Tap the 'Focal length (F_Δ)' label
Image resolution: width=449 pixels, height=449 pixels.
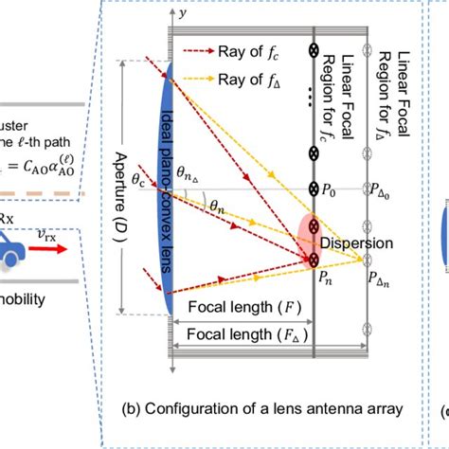[x=241, y=333]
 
